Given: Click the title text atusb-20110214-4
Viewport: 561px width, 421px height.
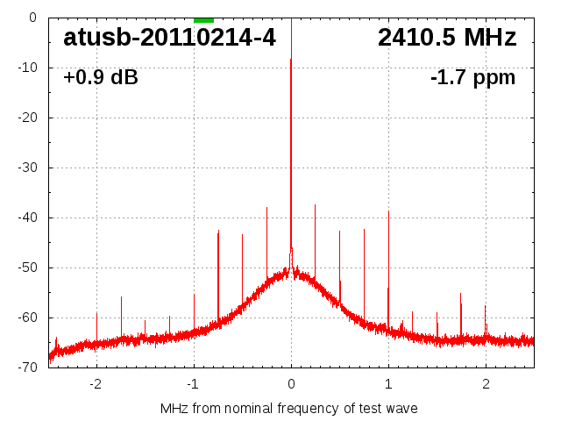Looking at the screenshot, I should coord(169,38).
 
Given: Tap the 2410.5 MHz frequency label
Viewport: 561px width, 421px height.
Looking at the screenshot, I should coord(447,38).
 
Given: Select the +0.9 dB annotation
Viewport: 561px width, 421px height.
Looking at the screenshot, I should coord(101,78).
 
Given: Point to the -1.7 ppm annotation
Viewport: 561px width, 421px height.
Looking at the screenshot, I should coord(472,78).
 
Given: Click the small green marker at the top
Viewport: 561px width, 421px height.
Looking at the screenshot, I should coord(203,19).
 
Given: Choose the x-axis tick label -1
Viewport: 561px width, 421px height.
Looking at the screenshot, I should coord(192,384).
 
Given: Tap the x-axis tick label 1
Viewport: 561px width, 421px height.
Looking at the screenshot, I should coord(388,384).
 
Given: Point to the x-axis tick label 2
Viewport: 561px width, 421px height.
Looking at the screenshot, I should coord(486,384).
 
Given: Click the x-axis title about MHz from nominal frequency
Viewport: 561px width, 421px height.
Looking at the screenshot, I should coord(289,409).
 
